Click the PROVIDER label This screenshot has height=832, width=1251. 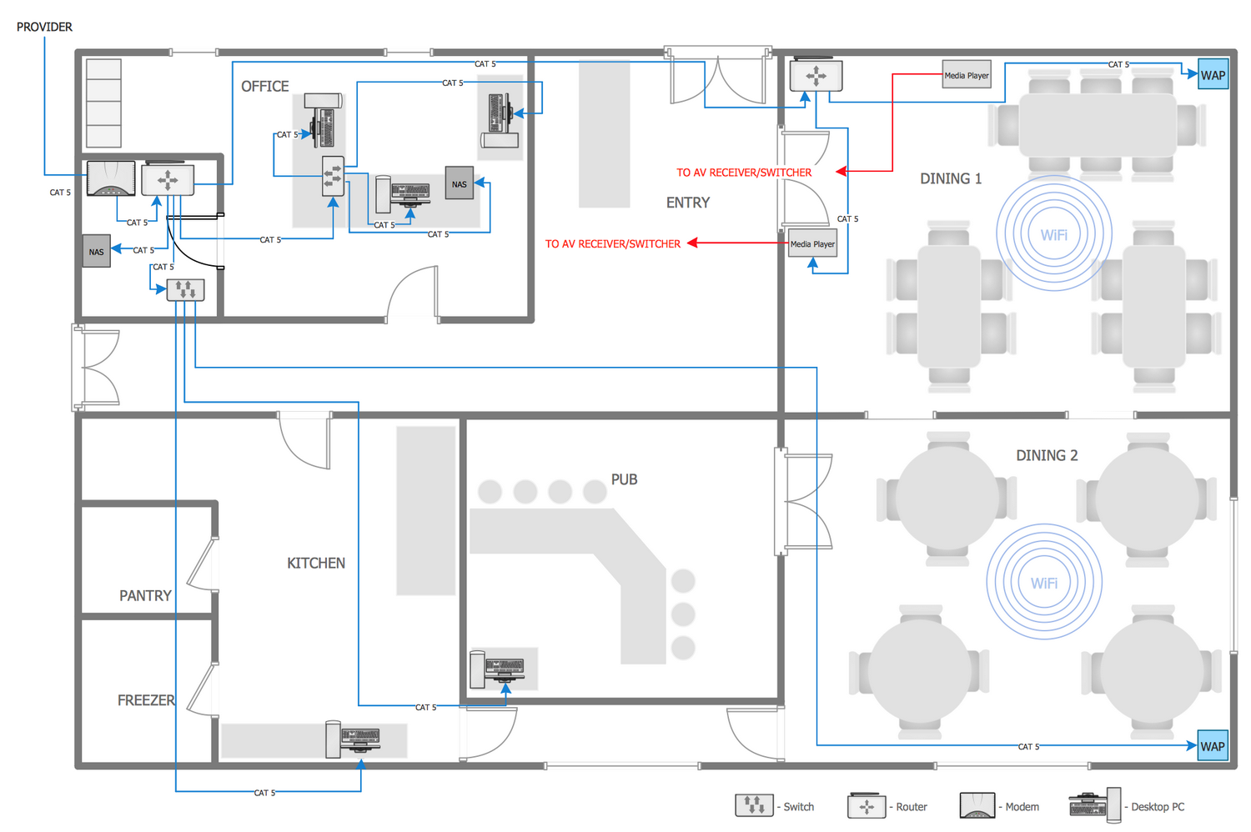tap(44, 27)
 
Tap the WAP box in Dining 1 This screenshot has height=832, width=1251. tap(1213, 74)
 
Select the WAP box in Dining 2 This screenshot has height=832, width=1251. tap(1213, 745)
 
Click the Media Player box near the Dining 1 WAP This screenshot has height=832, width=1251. tap(967, 74)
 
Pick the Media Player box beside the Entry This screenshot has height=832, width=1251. tap(812, 243)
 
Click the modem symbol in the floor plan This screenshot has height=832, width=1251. tap(111, 178)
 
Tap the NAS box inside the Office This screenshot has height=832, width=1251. tap(459, 183)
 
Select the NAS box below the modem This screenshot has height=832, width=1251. tap(96, 251)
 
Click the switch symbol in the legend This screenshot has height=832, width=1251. tap(754, 805)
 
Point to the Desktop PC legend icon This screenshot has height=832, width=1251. tap(1094, 805)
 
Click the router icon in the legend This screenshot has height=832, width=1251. tap(867, 805)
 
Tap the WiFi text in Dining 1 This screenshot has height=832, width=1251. tap(1054, 234)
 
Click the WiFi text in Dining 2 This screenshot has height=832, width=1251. tap(1044, 583)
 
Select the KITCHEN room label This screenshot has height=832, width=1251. tap(316, 563)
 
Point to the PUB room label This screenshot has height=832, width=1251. tap(624, 479)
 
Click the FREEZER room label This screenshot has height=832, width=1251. tap(146, 699)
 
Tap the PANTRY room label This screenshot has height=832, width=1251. tap(145, 595)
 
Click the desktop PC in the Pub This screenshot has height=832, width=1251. tap(497, 668)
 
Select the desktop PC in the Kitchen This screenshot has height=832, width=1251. tap(353, 739)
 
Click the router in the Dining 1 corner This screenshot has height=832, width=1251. tap(816, 75)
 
